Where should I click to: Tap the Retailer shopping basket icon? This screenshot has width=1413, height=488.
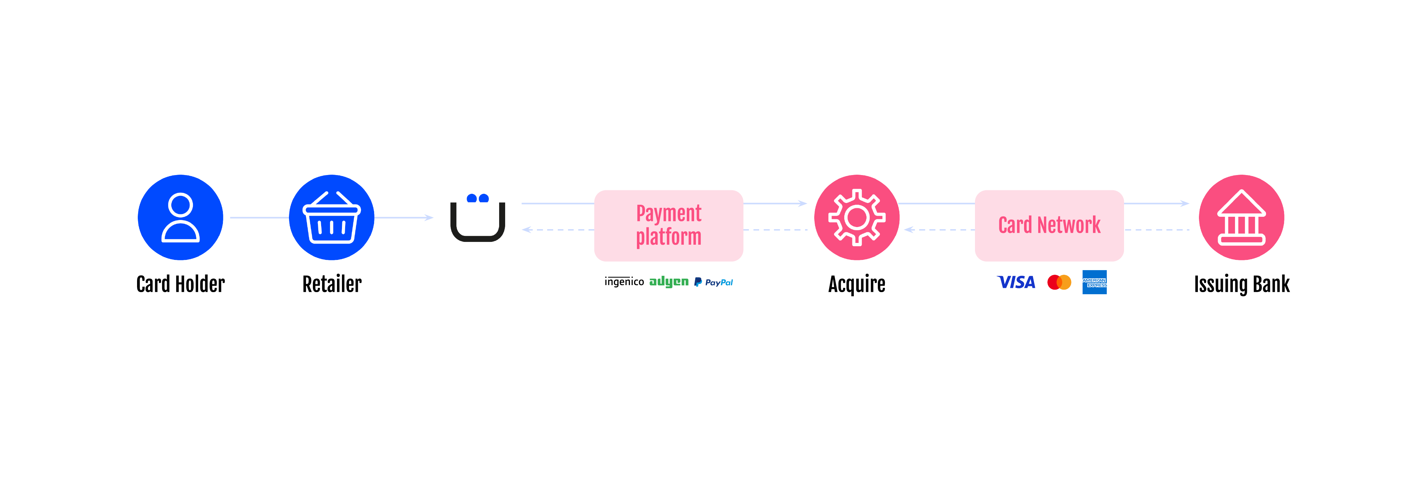coord(331,217)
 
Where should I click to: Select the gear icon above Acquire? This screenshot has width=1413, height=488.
coord(856,217)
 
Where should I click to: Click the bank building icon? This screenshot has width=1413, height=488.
coord(1241,217)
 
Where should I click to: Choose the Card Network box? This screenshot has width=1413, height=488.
coord(1049,225)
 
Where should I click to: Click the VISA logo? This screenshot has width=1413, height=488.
coord(1016,282)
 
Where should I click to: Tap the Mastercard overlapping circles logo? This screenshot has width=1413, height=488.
coord(1059,282)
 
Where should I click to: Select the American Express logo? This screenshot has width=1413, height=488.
coord(1094,282)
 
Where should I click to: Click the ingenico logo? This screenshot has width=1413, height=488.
coord(624,281)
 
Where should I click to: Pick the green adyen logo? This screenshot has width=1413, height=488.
coord(669,281)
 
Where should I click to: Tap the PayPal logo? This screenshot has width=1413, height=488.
coord(713,282)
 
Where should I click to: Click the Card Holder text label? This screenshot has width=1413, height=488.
coord(181,284)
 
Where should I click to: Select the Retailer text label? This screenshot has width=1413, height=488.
coord(332,284)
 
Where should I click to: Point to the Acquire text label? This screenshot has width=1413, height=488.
coord(856,284)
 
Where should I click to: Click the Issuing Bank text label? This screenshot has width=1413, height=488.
coord(1241,284)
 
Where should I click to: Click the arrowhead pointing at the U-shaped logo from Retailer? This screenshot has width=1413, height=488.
coord(430,218)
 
